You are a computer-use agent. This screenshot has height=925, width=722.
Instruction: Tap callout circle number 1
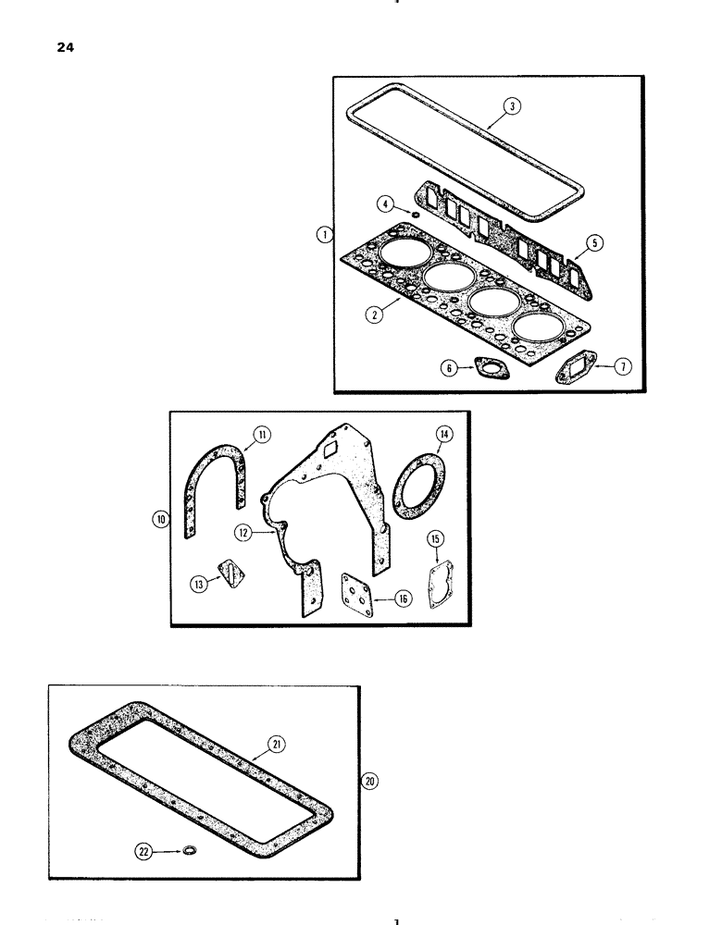pyautogui.click(x=323, y=236)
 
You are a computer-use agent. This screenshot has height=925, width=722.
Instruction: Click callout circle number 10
pyautogui.click(x=160, y=520)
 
